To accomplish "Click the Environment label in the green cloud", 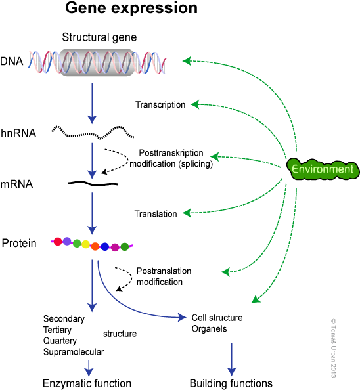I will pyautogui.click(x=323, y=169).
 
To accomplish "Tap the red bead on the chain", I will pyautogui.click(x=58, y=241).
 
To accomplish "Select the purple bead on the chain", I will pyautogui.click(x=67, y=241).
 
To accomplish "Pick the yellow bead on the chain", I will pyautogui.click(x=85, y=244).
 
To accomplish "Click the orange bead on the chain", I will pyautogui.click(x=95, y=246).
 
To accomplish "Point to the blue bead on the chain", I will pyautogui.click(x=105, y=246).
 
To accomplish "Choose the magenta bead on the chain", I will pyautogui.click(x=115, y=247).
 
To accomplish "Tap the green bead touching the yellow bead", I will pyautogui.click(x=77, y=243).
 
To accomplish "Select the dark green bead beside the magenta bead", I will pyautogui.click(x=125, y=246).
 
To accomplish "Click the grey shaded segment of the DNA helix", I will pyautogui.click(x=97, y=62).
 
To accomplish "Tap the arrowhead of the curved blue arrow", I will pyautogui.click(x=182, y=318).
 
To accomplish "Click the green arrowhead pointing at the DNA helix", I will pyautogui.click(x=187, y=61).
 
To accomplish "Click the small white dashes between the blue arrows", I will pyautogui.click(x=89, y=184).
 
